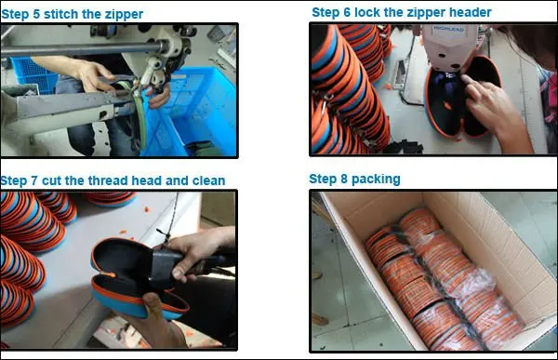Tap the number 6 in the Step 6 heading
347,12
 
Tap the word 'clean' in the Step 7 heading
208,180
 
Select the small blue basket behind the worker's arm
33,74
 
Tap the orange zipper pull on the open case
108,275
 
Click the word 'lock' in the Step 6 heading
367,12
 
